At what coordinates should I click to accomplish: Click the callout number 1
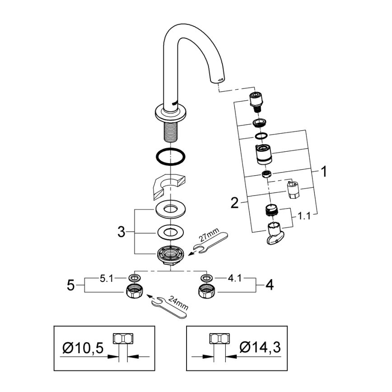point(323,172)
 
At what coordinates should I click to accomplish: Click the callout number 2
point(234,203)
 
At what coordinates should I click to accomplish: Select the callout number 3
point(121,233)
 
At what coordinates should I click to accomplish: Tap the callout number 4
point(269,285)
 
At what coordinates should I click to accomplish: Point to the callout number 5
point(70,285)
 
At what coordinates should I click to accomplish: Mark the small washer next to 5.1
point(134,277)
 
